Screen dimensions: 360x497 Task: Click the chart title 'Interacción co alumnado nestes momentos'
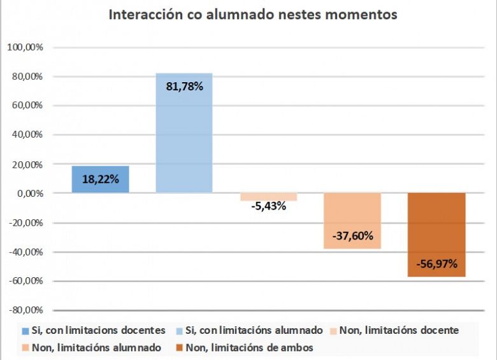(253, 15)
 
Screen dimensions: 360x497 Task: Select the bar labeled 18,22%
(101, 179)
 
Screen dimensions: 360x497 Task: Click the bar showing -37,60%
(352, 220)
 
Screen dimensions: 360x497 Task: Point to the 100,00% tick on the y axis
(24, 47)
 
